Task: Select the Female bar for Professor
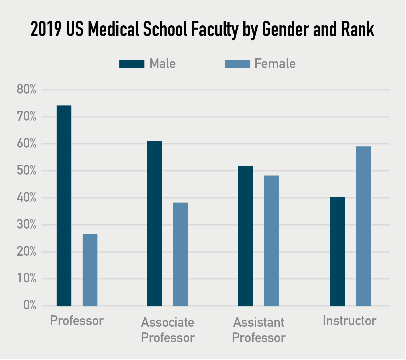pyautogui.click(x=90, y=270)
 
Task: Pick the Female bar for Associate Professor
pyautogui.click(x=180, y=254)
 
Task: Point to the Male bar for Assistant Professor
pyautogui.click(x=245, y=236)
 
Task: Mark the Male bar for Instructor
pyautogui.click(x=337, y=251)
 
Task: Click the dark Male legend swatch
pyautogui.click(x=132, y=64)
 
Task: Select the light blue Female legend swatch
pyautogui.click(x=237, y=64)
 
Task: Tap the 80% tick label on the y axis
pyautogui.click(x=27, y=90)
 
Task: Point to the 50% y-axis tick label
pyautogui.click(x=27, y=171)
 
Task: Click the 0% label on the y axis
pyautogui.click(x=30, y=306)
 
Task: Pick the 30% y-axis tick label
pyautogui.click(x=27, y=225)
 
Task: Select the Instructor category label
pyautogui.click(x=349, y=321)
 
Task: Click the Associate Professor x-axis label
pyautogui.click(x=168, y=330)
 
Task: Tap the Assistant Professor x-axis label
pyautogui.click(x=259, y=330)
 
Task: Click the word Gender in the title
pyautogui.click(x=286, y=29)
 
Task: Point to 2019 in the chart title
pyautogui.click(x=46, y=29)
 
